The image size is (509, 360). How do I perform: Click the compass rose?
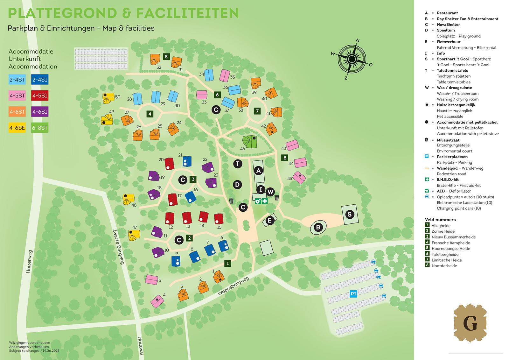pyautogui.click(x=352, y=59)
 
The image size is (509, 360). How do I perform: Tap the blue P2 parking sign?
pyautogui.click(x=353, y=293)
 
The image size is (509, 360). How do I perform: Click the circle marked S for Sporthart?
pyautogui.click(x=350, y=214)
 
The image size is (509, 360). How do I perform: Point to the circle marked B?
pyautogui.click(x=318, y=227)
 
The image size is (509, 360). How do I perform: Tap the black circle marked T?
pyautogui.click(x=237, y=164)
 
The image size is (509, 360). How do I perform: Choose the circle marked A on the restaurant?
pyautogui.click(x=258, y=171)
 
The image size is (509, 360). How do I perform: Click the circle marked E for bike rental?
pyautogui.click(x=269, y=221)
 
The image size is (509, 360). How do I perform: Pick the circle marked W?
pyautogui.click(x=270, y=192)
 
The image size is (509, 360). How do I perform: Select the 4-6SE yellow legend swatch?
pyautogui.click(x=17, y=128)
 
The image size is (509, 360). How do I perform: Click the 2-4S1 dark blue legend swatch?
pyautogui.click(x=40, y=80)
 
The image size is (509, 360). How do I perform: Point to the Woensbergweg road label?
pyautogui.click(x=233, y=286)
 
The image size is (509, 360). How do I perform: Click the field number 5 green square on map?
pyautogui.click(x=166, y=57)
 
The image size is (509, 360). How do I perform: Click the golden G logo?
pyautogui.click(x=470, y=323)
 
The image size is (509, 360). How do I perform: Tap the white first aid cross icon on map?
pyautogui.click(x=264, y=201)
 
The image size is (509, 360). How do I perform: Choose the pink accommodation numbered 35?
pyautogui.click(x=225, y=76)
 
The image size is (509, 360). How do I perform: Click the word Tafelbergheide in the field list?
pyautogui.click(x=445, y=254)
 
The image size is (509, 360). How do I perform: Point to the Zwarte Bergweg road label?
pyautogui.click(x=118, y=246)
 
